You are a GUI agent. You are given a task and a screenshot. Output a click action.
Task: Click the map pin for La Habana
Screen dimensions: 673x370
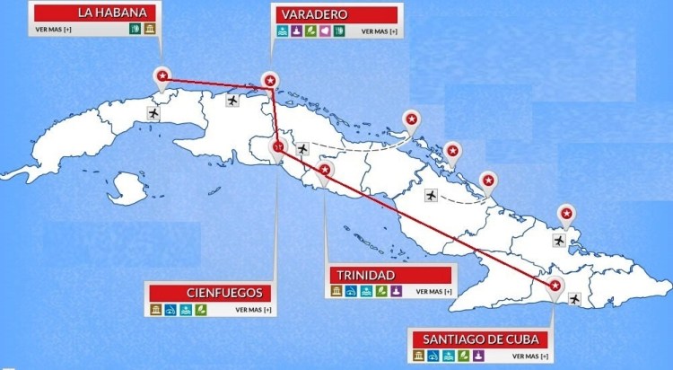click(x=162, y=76)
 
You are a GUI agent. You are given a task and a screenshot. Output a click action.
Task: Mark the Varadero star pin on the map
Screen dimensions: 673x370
click(x=268, y=79)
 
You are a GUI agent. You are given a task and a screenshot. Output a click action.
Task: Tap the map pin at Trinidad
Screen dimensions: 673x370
click(x=325, y=170)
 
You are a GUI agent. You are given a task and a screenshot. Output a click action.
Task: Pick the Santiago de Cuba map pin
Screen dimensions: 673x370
click(x=555, y=286)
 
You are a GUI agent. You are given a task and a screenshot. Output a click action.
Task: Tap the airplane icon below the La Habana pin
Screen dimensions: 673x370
click(x=153, y=114)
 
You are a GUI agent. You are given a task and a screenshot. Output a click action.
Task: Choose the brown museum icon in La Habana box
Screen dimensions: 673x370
click(x=147, y=31)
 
